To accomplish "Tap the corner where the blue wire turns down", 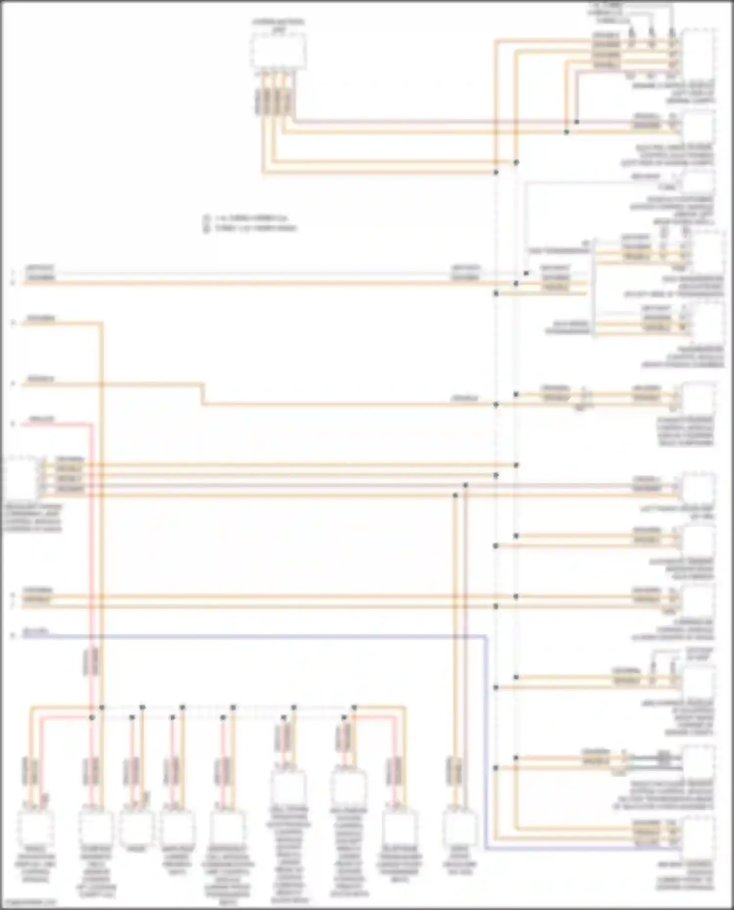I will pyautogui.click(x=486, y=637).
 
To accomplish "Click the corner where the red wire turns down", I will pyautogui.click(x=91, y=424).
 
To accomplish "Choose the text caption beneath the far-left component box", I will pyautogui.click(x=32, y=518).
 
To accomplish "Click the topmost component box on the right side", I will pyautogui.click(x=698, y=51).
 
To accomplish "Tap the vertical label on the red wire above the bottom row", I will pyautogui.click(x=91, y=662).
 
